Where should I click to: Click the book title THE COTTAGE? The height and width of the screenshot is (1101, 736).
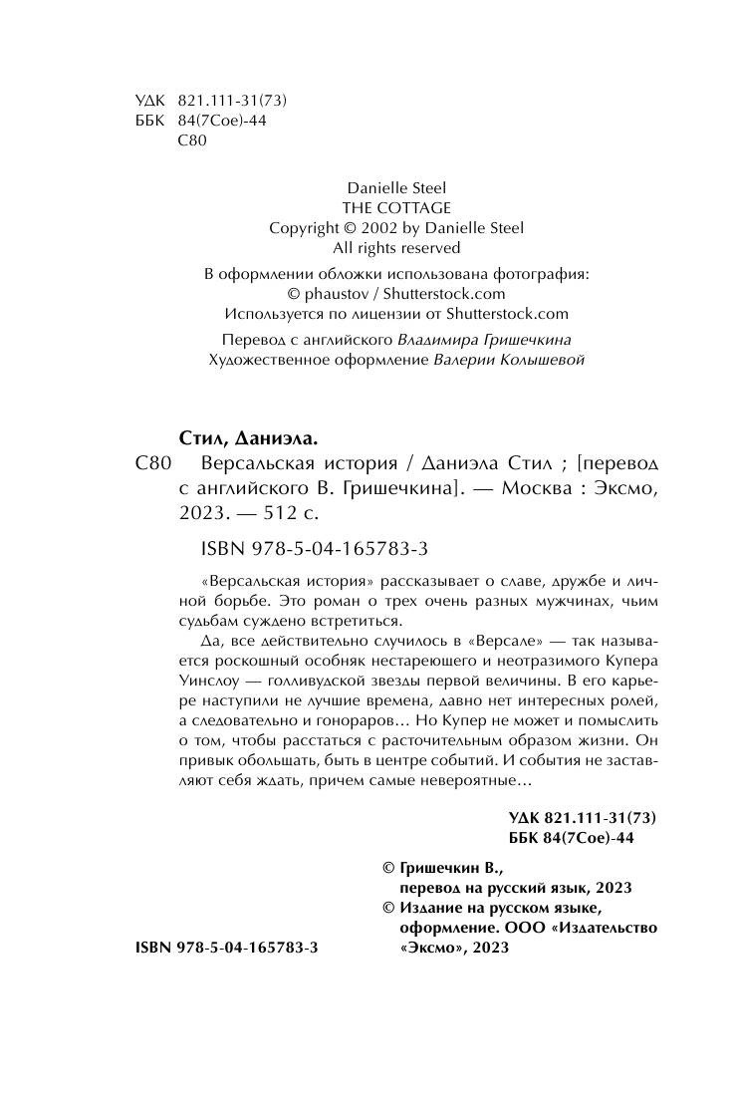(x=395, y=207)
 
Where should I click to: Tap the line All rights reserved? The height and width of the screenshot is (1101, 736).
(x=396, y=247)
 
